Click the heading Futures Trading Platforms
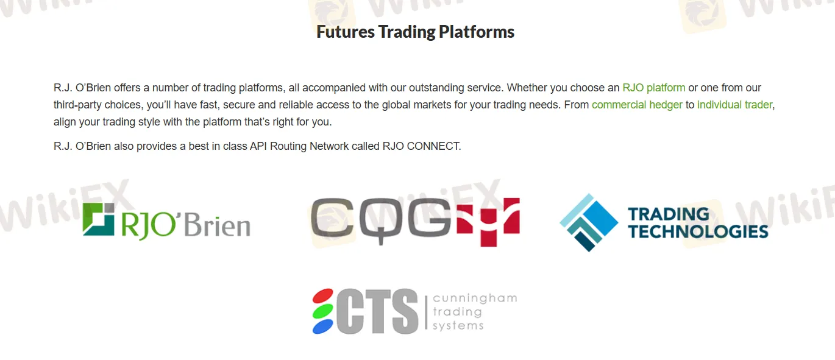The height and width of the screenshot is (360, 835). click(415, 32)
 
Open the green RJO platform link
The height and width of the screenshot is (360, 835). click(653, 88)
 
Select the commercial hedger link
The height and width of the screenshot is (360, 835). click(637, 105)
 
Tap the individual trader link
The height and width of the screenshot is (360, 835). click(734, 105)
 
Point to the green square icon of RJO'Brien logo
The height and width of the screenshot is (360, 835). click(99, 219)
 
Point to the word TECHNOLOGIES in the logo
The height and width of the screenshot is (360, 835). click(698, 231)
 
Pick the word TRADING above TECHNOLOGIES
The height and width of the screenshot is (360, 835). click(669, 214)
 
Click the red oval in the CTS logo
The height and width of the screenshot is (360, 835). click(323, 296)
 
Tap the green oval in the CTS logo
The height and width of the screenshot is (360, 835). click(323, 311)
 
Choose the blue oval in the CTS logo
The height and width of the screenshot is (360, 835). click(323, 326)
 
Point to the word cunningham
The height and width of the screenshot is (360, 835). click(474, 298)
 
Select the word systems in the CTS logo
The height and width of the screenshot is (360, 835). click(458, 325)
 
